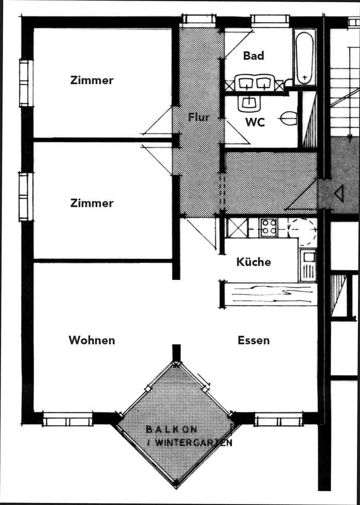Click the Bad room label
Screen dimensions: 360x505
(254, 56)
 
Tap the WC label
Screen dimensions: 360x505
(255, 123)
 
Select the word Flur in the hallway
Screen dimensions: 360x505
(199, 117)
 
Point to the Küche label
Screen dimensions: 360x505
(254, 262)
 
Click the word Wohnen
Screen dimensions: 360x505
(92, 340)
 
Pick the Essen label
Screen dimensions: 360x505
(254, 340)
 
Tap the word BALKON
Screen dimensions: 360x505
(172, 429)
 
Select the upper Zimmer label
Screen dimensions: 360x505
(92, 80)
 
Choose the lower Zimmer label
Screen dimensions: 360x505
(92, 203)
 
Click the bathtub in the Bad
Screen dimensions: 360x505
(304, 57)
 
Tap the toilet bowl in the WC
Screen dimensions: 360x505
(288, 118)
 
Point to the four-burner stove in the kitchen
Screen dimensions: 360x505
(268, 227)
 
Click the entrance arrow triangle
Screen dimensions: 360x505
(339, 194)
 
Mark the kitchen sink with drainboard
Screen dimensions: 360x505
(308, 265)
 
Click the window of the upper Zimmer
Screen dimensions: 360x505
(26, 83)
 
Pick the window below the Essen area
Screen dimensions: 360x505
(278, 420)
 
